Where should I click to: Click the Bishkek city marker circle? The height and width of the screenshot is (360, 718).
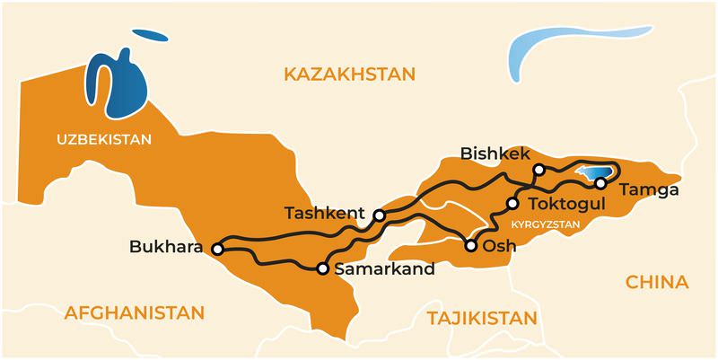(x=538, y=170)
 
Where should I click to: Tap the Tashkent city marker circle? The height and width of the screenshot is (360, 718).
(x=380, y=215)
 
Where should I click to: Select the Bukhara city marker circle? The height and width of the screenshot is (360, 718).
(x=216, y=248)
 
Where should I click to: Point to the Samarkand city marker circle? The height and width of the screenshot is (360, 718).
(x=322, y=268)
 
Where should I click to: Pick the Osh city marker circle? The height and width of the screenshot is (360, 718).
(x=470, y=244)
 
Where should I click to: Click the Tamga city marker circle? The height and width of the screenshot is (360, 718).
(x=600, y=183)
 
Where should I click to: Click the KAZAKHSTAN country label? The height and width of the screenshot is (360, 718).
(x=350, y=75)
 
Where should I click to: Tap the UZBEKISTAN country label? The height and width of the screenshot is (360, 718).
(x=104, y=140)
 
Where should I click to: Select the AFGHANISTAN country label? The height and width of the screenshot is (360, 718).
(x=135, y=312)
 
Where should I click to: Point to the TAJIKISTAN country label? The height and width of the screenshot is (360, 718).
(x=482, y=318)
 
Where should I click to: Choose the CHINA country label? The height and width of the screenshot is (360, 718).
(x=657, y=283)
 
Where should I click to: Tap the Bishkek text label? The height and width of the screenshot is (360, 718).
(x=496, y=154)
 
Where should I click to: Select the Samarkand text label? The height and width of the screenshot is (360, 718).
(x=384, y=268)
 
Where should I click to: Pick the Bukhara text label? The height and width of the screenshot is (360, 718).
(x=166, y=246)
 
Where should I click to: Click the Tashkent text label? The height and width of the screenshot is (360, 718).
(x=324, y=214)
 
